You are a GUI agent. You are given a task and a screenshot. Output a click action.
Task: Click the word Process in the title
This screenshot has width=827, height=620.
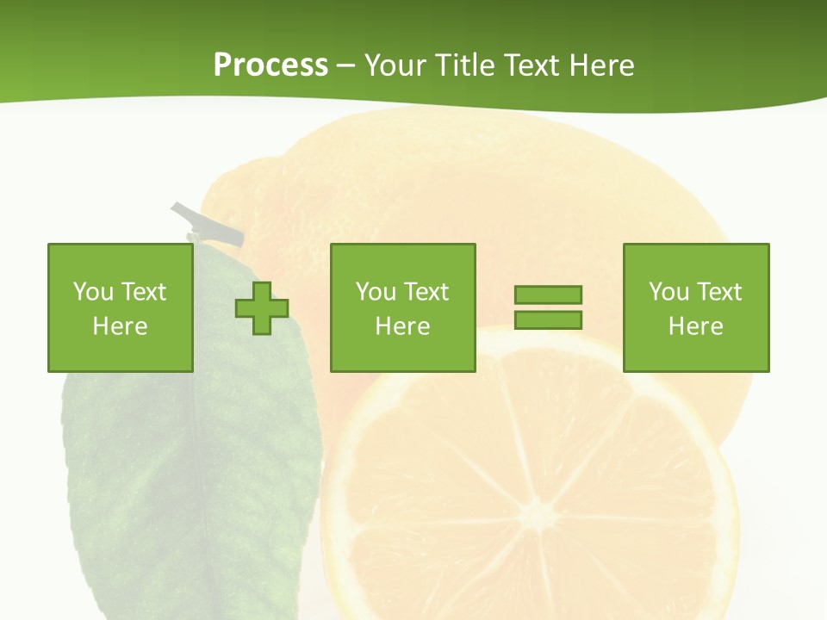pos(270,65)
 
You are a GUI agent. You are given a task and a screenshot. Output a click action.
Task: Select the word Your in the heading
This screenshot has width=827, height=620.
pos(395,65)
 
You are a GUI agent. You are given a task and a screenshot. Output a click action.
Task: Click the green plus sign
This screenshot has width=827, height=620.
pos(262,308)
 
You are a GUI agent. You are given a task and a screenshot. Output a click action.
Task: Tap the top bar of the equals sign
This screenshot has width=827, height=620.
pos(548,294)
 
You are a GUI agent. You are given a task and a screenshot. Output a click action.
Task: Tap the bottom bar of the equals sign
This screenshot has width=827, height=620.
pos(548,319)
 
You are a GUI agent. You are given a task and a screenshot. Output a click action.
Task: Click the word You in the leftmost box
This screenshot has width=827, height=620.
pos(93,292)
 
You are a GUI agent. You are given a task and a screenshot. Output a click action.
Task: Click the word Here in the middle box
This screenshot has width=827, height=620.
pos(402,326)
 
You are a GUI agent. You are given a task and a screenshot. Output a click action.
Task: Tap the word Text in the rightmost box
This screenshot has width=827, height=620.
pos(719,292)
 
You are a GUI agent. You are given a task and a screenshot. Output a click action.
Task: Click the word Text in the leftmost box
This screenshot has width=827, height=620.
pos(143,292)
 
